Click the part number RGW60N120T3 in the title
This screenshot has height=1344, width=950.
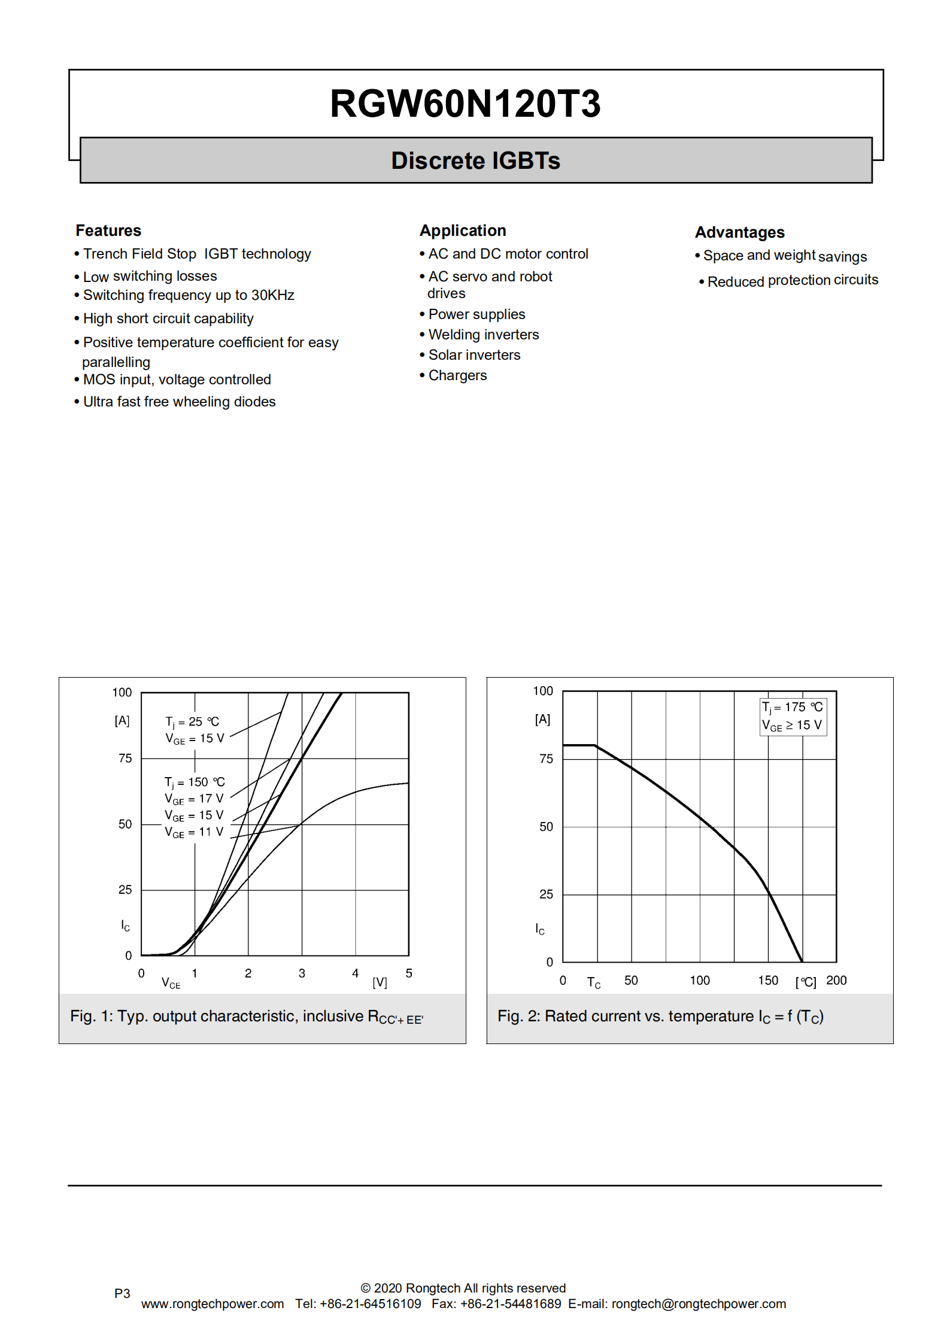(465, 104)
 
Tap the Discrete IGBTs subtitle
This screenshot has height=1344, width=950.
(475, 160)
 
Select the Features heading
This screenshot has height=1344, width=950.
(108, 230)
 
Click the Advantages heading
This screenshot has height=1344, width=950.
(739, 232)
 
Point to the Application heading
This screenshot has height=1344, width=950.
(463, 230)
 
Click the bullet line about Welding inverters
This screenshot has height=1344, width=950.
(483, 335)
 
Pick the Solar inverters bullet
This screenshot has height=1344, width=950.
(474, 355)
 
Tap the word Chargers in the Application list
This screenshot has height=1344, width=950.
(457, 375)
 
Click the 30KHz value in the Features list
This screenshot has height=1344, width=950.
(273, 295)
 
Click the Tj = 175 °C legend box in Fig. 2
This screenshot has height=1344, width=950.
(793, 716)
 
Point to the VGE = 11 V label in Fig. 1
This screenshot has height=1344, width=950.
(194, 832)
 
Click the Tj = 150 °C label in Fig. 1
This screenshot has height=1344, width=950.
(195, 782)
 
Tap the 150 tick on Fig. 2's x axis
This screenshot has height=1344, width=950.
(768, 980)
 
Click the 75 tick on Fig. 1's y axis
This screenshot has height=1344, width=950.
(125, 759)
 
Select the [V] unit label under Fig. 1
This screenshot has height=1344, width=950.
(380, 982)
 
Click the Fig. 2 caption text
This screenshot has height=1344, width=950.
(660, 1017)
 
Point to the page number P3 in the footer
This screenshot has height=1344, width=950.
(122, 1293)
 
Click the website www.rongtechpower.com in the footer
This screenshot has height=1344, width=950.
(213, 1304)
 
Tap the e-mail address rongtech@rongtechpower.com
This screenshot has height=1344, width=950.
(699, 1304)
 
